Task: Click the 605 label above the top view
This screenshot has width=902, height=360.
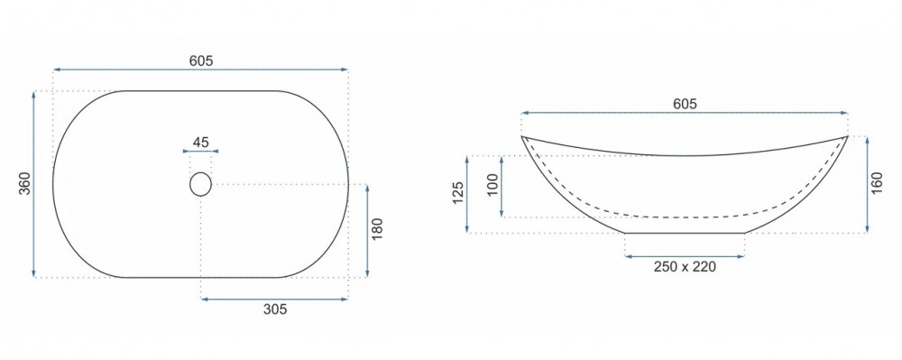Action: click(x=201, y=60)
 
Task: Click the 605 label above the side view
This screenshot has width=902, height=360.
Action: click(x=685, y=104)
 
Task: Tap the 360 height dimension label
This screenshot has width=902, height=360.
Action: click(x=24, y=183)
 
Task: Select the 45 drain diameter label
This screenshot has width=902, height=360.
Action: click(x=201, y=142)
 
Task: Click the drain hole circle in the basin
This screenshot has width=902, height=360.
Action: click(x=201, y=184)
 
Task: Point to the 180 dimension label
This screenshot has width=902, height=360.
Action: click(x=377, y=229)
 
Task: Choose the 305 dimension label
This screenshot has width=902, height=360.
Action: click(x=275, y=309)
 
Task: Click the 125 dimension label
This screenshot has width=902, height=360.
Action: click(x=458, y=194)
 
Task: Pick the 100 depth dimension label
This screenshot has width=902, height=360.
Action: click(x=492, y=186)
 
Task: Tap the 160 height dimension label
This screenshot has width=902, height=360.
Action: click(x=877, y=184)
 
